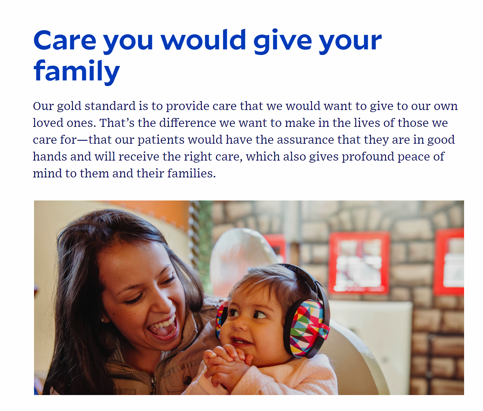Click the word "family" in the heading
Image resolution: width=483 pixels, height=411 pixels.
tap(77, 71)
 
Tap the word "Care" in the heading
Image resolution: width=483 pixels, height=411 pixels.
tap(65, 40)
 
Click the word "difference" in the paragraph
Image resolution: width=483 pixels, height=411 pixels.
tap(188, 123)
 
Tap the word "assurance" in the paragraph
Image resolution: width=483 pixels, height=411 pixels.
tap(305, 140)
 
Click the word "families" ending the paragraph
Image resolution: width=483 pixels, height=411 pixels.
tap(191, 173)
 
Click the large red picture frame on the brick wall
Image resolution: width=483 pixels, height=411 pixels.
tap(359, 263)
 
